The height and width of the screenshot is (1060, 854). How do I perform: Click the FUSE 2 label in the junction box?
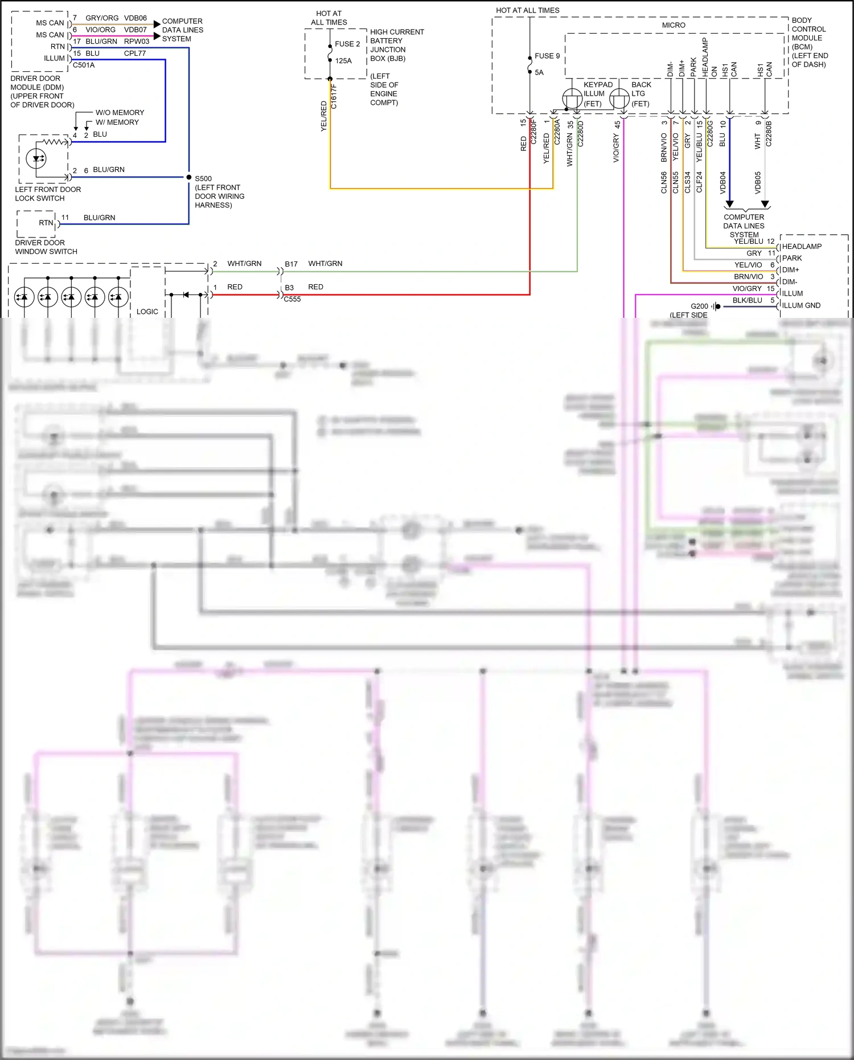point(347,44)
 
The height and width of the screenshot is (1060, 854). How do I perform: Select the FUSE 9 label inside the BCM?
point(547,56)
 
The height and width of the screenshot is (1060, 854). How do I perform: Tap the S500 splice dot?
point(189,177)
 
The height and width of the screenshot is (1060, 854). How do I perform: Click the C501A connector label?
point(84,66)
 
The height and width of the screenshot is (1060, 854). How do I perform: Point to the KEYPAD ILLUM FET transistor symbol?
point(572,99)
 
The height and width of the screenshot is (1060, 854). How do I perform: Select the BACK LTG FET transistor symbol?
point(619,99)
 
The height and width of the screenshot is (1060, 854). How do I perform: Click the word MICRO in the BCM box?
point(674,25)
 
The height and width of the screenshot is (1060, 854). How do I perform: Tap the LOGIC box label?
point(147,312)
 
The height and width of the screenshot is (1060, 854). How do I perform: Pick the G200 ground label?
point(699,306)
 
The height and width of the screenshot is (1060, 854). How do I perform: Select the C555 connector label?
point(292,300)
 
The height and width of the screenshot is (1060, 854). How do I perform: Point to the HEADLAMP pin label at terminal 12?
point(802,247)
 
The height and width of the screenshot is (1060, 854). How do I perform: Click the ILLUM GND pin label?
point(801,306)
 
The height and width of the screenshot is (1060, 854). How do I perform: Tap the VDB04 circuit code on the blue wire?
point(723,182)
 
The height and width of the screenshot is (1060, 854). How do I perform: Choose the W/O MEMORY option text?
point(120,113)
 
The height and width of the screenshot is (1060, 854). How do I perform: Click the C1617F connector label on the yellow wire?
point(334,96)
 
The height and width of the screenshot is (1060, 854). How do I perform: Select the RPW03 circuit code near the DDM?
point(137,42)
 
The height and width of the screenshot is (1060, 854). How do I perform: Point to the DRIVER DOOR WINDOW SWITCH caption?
point(46,247)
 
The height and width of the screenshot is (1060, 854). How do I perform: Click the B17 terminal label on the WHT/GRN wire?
point(291,264)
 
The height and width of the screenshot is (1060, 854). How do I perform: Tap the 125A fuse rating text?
point(343,61)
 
